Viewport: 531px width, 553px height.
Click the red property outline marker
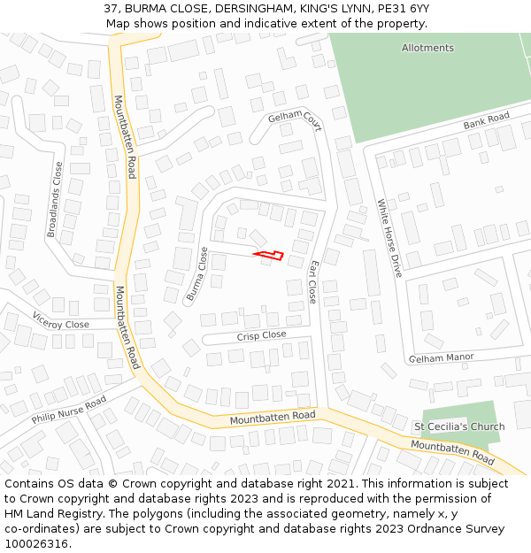pos(270,256)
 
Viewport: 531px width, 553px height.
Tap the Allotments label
pos(427,48)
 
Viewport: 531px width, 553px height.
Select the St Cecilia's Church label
pos(459,426)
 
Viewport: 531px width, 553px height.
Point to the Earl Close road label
pos(312,282)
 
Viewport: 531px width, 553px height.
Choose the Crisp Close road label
pos(261,335)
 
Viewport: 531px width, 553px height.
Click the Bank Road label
pos(486,121)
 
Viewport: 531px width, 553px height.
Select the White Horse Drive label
pos(389,238)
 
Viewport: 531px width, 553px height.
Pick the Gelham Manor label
pos(441,357)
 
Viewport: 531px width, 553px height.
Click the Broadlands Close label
pos(55,199)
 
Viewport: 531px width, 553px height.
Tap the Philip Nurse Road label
pos(69,410)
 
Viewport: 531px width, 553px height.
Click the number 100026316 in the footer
pos(37,544)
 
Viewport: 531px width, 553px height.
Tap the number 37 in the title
pos(112,9)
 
